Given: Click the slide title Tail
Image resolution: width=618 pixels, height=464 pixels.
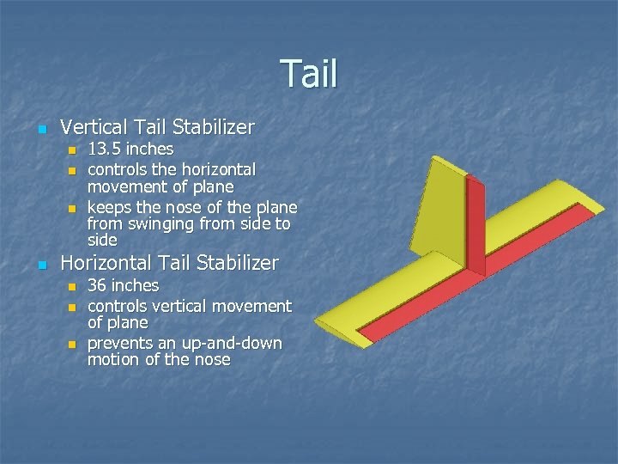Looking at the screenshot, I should (x=309, y=74).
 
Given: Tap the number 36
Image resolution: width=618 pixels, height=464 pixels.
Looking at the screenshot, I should (x=100, y=284).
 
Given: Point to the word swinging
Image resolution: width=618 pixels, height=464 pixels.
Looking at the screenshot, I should (x=158, y=224).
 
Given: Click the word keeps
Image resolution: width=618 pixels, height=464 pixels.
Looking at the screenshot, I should (x=109, y=208).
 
